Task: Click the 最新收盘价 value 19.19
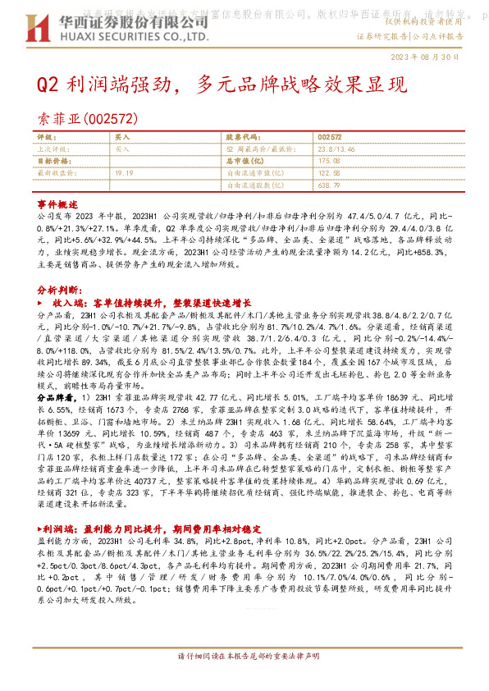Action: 124,173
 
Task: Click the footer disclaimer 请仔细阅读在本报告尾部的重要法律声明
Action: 245,681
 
